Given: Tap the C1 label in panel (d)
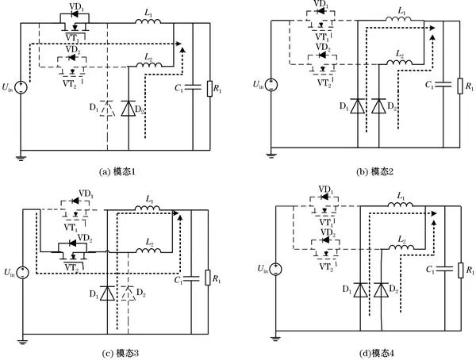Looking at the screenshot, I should [x=428, y=271].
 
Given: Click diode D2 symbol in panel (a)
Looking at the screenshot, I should [x=126, y=107].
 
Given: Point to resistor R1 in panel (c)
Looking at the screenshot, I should [x=208, y=278].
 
